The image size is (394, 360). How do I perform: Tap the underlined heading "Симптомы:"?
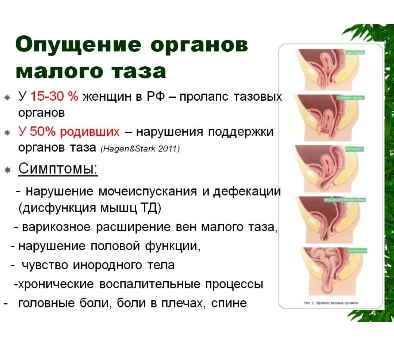click(x=58, y=169)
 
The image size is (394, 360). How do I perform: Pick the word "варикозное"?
click(x=56, y=227)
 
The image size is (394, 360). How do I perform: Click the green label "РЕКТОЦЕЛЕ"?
click(x=354, y=149)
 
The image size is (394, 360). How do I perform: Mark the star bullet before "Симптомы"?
click(x=7, y=170)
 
